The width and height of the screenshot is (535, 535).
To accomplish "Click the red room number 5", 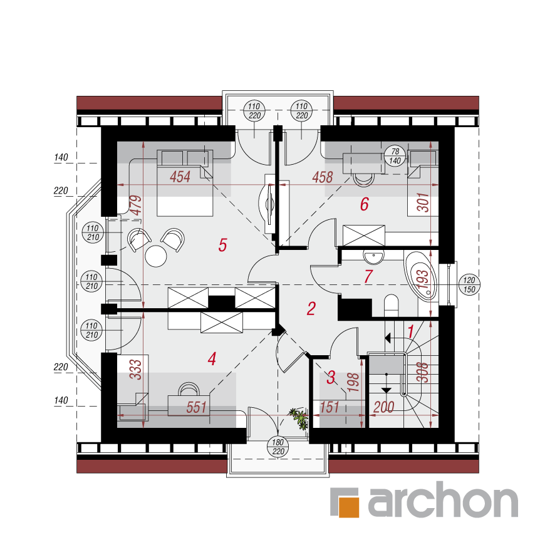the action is point(222,245).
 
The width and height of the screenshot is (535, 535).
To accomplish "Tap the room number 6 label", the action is point(365,204).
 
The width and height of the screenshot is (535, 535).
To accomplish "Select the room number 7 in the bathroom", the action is point(368,276).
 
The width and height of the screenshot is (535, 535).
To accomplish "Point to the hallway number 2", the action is point(311,308).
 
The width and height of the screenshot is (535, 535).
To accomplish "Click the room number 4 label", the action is point(212,359).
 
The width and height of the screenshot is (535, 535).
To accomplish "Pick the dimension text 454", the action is point(180,177).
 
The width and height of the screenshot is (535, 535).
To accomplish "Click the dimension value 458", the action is point(323,177).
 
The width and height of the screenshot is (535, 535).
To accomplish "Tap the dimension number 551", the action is point(196,407).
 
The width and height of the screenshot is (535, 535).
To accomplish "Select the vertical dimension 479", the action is point(136,205).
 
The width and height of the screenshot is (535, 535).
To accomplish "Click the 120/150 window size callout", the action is point(469,284).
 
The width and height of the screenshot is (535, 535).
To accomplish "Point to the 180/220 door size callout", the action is point(278,447).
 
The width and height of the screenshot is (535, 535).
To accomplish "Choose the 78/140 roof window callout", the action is point(395,156).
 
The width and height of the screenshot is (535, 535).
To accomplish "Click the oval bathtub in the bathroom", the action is point(420,276).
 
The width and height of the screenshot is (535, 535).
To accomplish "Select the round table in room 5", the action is point(156,256).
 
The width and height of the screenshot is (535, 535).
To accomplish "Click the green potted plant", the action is point(299,418).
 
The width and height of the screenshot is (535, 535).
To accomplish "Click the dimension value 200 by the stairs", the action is point(384,407).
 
